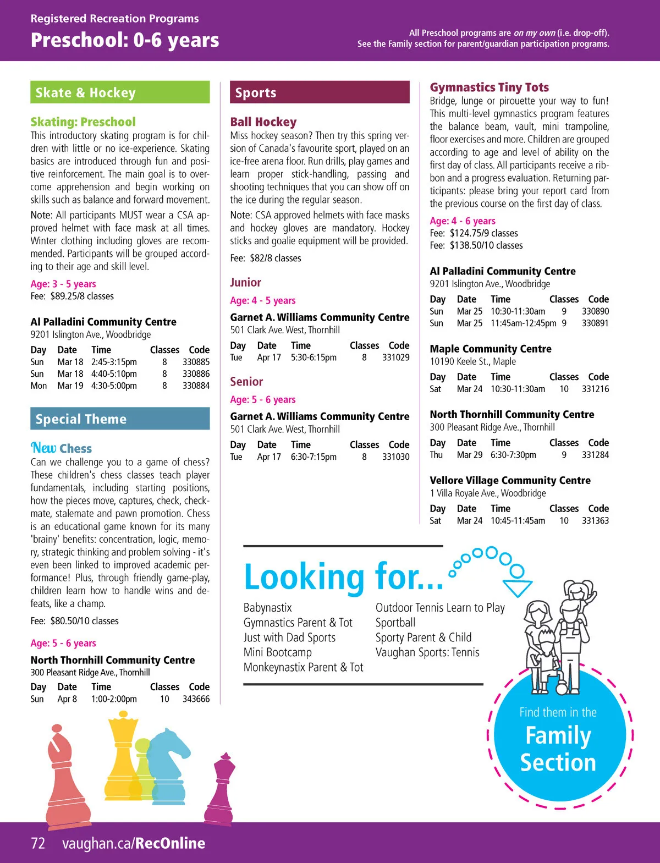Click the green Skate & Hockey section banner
click(x=120, y=92)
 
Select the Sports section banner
click(x=320, y=92)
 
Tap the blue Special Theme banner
click(x=120, y=419)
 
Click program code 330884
click(x=196, y=386)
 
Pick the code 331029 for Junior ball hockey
click(x=395, y=358)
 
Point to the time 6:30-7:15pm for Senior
click(x=313, y=457)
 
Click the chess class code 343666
click(x=196, y=699)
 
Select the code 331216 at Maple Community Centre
click(x=595, y=389)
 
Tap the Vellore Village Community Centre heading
click(x=510, y=480)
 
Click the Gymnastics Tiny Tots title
click(x=489, y=87)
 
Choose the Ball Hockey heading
click(x=263, y=122)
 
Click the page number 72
click(x=38, y=843)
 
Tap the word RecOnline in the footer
click(x=170, y=843)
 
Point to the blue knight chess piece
click(x=168, y=765)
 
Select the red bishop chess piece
click(x=66, y=776)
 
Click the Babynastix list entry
click(x=267, y=608)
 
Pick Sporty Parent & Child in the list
click(x=423, y=637)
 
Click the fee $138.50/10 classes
click(x=476, y=245)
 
